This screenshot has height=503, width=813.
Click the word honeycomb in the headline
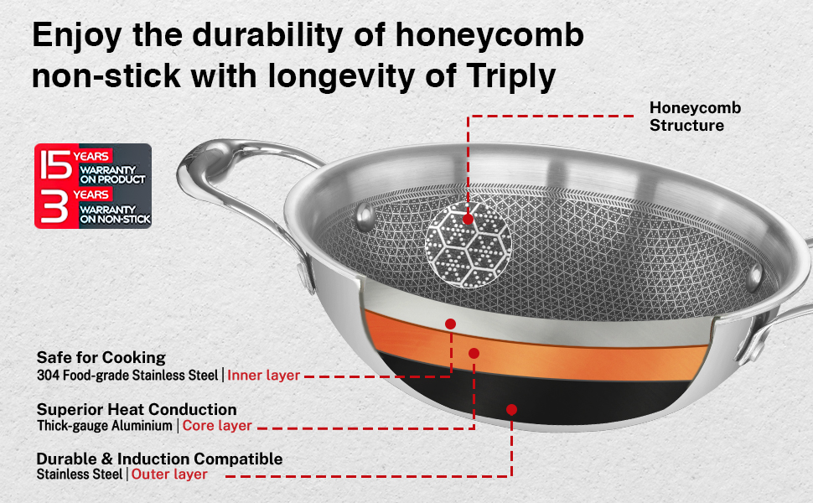coord(489,36)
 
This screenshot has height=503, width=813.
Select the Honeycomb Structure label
coord(696,117)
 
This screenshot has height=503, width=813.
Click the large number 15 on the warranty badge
coord(56,165)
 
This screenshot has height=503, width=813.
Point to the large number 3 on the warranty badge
coord(55,206)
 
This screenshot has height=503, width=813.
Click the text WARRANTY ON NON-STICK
coord(115,214)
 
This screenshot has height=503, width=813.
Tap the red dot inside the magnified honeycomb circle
coord(468,220)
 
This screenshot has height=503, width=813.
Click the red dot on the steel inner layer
coord(450,324)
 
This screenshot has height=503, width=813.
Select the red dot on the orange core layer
coord(474,353)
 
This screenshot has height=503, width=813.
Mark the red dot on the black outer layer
coord(511,410)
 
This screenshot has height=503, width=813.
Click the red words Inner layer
coord(263,375)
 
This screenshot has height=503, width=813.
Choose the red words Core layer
coord(217,426)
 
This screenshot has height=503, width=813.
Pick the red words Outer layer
coord(169,474)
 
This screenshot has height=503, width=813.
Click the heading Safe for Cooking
coord(101,357)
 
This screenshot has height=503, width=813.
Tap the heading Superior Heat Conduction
coord(137,409)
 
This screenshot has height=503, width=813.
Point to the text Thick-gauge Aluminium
coord(104,426)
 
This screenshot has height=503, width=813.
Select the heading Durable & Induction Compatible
coord(160,459)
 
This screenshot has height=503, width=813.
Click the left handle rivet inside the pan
coord(365,215)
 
